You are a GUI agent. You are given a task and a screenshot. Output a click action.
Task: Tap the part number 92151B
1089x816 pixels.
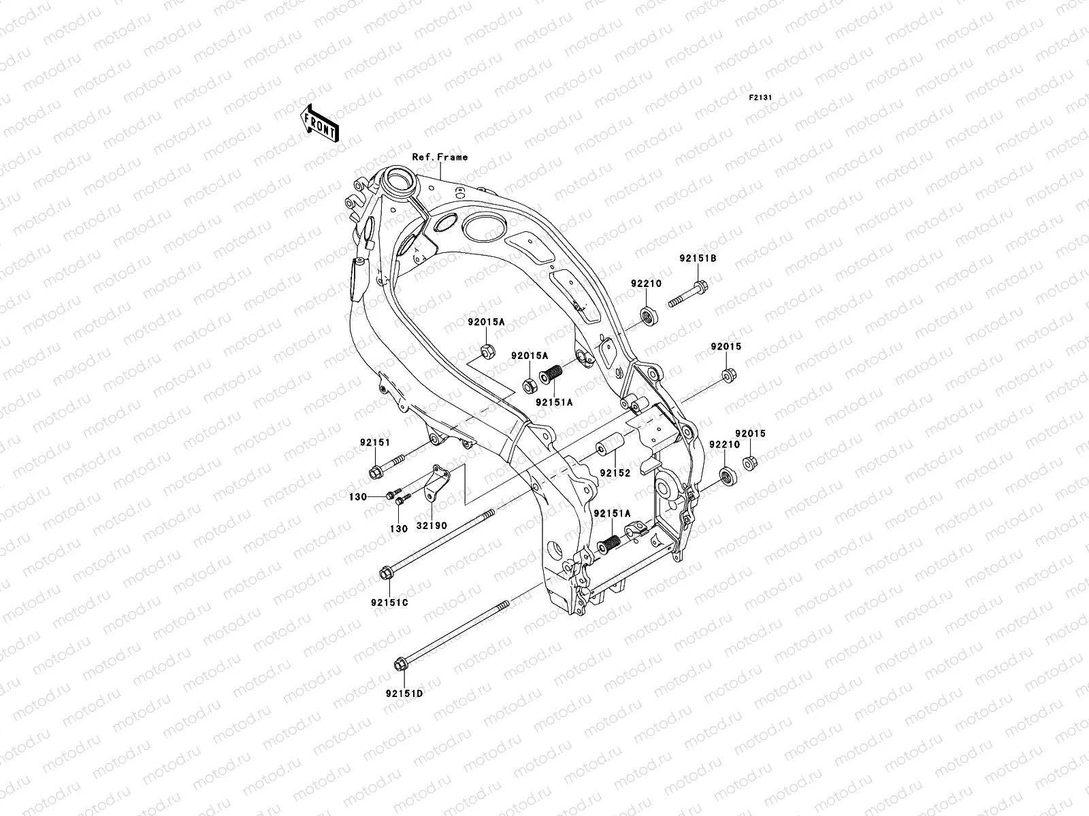(x=697, y=258)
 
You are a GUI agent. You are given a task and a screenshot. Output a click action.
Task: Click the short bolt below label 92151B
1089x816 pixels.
(x=688, y=294)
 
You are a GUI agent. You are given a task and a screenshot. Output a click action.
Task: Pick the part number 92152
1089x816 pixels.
(x=615, y=472)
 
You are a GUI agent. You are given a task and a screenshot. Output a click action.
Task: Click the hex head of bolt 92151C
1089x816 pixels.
(x=385, y=575)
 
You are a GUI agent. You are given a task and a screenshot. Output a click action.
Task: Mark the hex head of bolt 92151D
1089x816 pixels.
(x=400, y=664)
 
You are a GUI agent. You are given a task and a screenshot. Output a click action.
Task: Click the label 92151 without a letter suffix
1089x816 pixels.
(x=375, y=442)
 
